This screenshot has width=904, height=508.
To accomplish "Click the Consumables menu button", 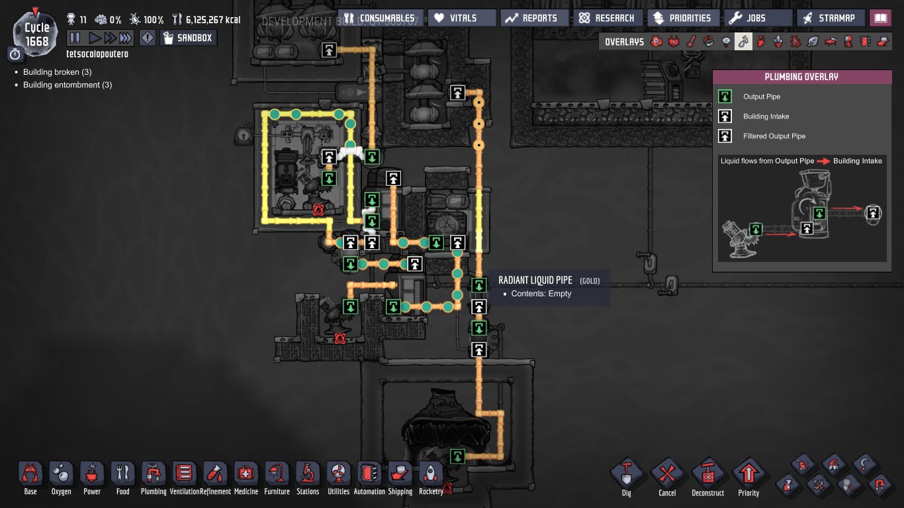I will tap(379, 18).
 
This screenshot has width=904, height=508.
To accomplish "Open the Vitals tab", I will tap(461, 18).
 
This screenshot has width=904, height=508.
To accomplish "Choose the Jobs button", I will tap(757, 18).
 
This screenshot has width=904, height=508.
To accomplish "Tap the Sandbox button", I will tap(188, 38).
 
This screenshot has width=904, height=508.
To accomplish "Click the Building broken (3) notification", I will tap(57, 72).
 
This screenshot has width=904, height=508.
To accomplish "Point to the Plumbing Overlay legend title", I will tap(801, 77).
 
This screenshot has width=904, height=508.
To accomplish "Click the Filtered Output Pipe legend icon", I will tap(725, 136).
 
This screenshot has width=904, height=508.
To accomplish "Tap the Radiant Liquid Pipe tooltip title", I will tap(535, 280).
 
